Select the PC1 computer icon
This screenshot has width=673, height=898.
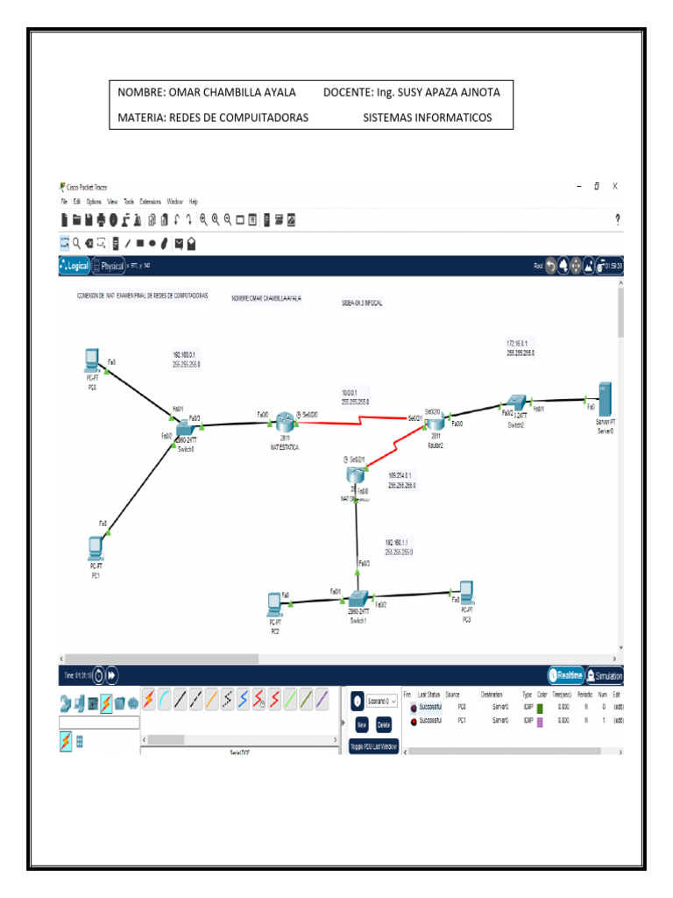click(96, 548)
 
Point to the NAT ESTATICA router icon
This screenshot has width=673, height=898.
click(285, 422)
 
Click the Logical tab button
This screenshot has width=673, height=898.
click(74, 266)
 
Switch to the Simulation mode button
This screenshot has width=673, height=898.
click(604, 676)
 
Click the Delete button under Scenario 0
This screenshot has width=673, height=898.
click(384, 725)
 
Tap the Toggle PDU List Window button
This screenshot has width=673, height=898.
click(373, 746)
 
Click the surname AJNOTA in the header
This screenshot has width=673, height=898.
click(477, 92)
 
